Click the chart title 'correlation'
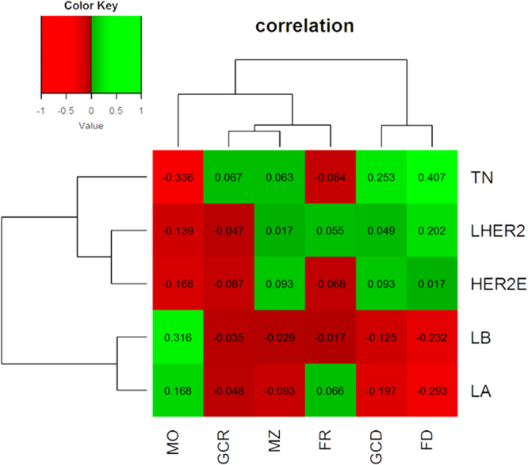(304, 26)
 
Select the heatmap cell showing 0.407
(431, 175)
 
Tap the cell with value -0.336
(178, 175)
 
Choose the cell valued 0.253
(381, 175)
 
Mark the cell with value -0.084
(330, 175)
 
